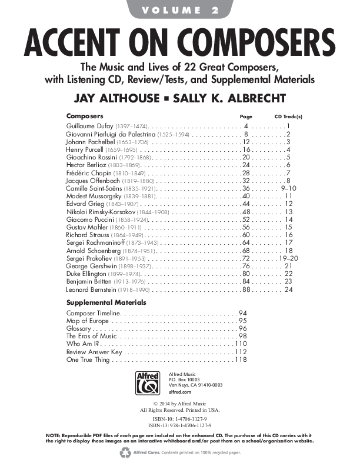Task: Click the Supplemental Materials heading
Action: [x=106, y=302]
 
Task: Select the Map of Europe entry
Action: [x=88, y=320]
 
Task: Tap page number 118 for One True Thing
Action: [x=241, y=359]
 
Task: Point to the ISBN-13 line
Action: [x=179, y=424]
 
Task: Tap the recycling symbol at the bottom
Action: [x=125, y=452]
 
